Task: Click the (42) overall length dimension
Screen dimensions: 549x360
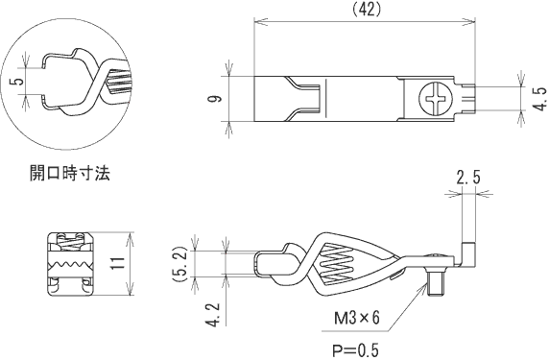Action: click(x=366, y=11)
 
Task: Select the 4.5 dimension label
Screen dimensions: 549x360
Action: click(x=541, y=99)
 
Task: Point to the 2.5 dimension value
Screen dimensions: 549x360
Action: click(x=468, y=178)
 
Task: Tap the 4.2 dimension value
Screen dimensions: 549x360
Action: click(x=214, y=315)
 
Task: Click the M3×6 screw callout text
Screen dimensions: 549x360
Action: click(x=356, y=319)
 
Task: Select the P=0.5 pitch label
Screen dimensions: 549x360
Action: click(x=355, y=349)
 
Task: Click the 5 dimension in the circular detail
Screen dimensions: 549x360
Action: click(x=19, y=81)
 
